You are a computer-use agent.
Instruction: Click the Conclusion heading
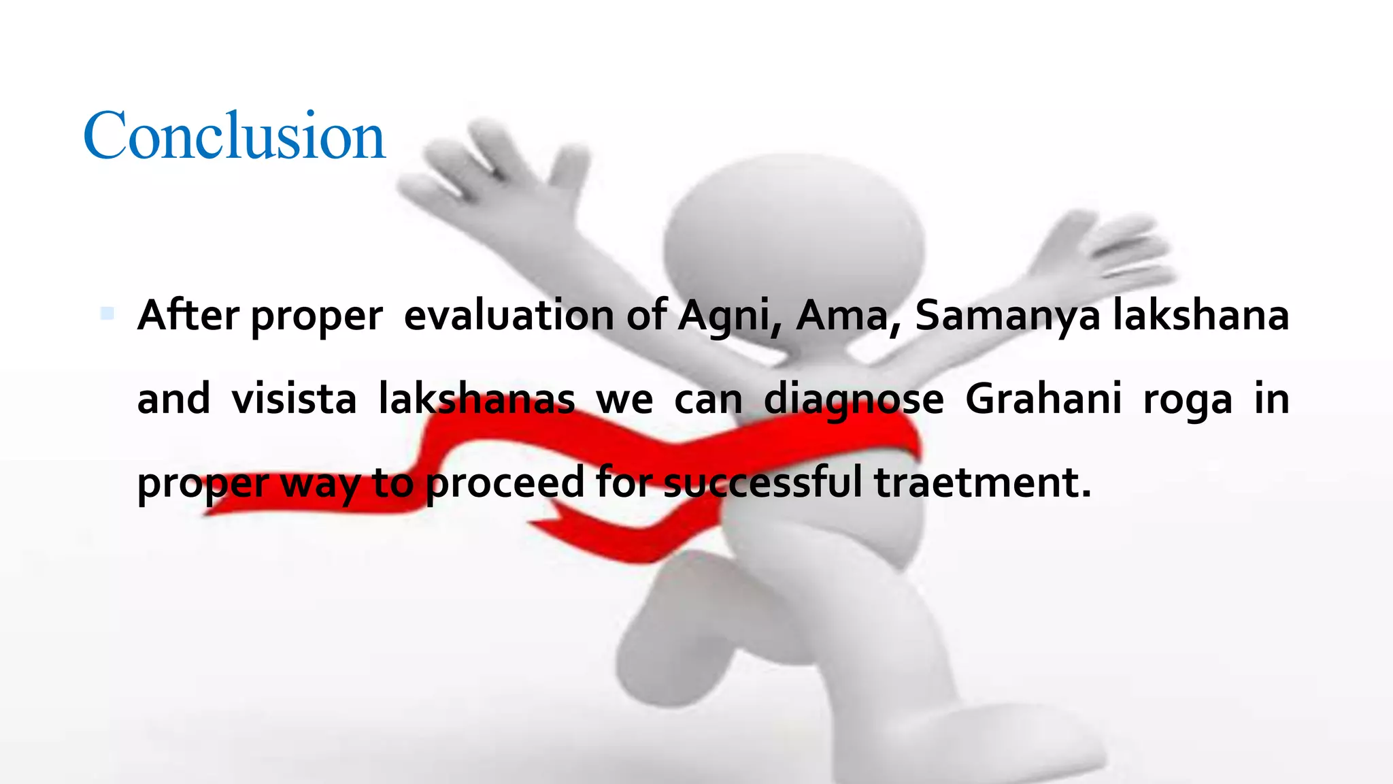234,136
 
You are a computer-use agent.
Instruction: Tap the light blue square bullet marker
107,314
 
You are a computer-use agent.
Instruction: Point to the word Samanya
1007,316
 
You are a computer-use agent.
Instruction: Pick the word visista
294,399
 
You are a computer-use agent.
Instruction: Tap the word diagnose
854,399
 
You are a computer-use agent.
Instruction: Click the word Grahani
1043,399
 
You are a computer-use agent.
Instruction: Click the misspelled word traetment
982,483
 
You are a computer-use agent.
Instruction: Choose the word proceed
505,483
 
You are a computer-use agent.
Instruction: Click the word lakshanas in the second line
476,399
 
